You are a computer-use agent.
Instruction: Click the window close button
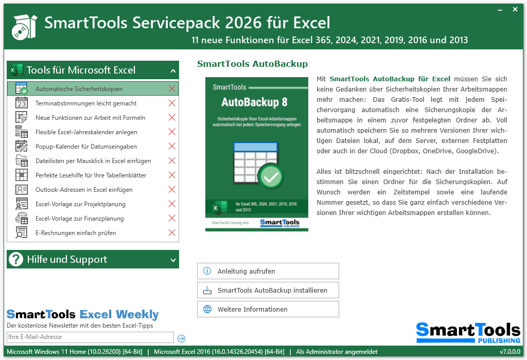click(515, 9)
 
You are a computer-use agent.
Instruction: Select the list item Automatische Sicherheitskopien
click(79, 89)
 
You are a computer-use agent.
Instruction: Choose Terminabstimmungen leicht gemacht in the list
click(86, 103)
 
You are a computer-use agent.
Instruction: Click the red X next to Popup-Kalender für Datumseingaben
click(172, 147)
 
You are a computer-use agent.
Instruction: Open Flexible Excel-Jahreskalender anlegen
click(86, 132)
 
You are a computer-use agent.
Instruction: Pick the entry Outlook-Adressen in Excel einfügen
click(84, 190)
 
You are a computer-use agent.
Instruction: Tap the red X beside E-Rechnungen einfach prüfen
click(172, 233)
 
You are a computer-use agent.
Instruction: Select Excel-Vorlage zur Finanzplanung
click(79, 219)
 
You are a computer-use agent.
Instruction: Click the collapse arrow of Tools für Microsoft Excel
click(173, 71)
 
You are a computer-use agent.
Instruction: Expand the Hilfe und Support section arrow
click(173, 260)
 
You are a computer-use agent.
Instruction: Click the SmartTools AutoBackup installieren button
click(268, 291)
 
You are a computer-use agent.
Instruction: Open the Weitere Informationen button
click(268, 310)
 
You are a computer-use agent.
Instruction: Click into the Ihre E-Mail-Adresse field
click(90, 337)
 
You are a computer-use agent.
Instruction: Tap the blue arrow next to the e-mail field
click(181, 338)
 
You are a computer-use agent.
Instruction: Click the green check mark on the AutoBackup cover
click(270, 177)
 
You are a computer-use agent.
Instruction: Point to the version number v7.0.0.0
click(510, 352)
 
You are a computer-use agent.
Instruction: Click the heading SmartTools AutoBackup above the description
click(252, 64)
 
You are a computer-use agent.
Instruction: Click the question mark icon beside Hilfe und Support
click(16, 260)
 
